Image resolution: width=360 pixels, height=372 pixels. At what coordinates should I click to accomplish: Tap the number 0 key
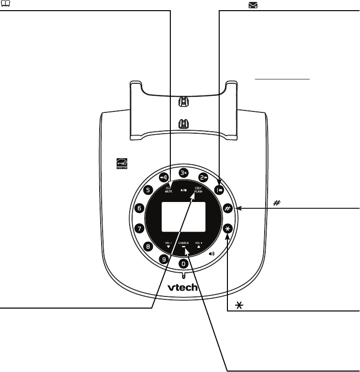click(183, 264)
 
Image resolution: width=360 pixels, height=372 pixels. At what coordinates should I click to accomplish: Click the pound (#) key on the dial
click(227, 209)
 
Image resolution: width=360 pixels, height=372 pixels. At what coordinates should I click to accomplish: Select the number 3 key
click(183, 172)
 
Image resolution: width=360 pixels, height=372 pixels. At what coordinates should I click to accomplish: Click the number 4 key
click(163, 177)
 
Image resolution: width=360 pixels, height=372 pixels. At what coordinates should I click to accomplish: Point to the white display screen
click(183, 217)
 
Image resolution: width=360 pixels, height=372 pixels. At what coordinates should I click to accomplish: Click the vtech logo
click(183, 287)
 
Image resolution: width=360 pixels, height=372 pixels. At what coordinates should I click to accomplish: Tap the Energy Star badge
click(120, 164)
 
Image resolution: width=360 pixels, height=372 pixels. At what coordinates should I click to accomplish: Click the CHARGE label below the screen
click(183, 243)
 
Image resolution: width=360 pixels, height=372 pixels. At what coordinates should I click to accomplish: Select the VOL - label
click(168, 243)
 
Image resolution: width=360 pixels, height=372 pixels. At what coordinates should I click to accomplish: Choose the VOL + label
click(198, 243)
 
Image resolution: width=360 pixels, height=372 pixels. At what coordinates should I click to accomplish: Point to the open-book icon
click(3, 3)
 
